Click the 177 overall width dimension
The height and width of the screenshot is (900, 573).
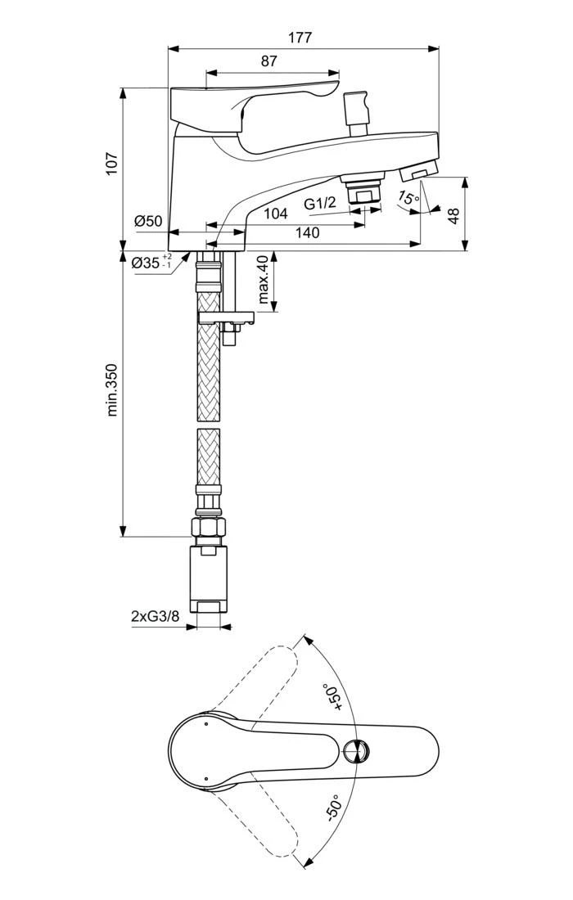[300, 38]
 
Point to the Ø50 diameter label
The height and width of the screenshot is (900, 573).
[149, 221]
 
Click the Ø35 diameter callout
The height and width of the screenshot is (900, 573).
[151, 263]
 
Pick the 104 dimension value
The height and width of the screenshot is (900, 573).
[276, 214]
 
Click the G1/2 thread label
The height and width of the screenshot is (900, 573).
[320, 203]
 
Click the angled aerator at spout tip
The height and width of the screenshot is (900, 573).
[417, 172]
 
